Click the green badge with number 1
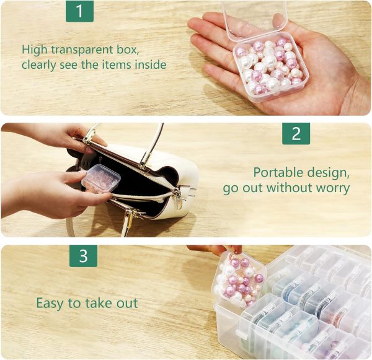pyautogui.click(x=79, y=11)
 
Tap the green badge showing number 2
pyautogui.click(x=296, y=133)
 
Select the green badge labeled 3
pyautogui.click(x=83, y=255)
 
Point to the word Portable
pyautogui.click(x=283, y=172)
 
